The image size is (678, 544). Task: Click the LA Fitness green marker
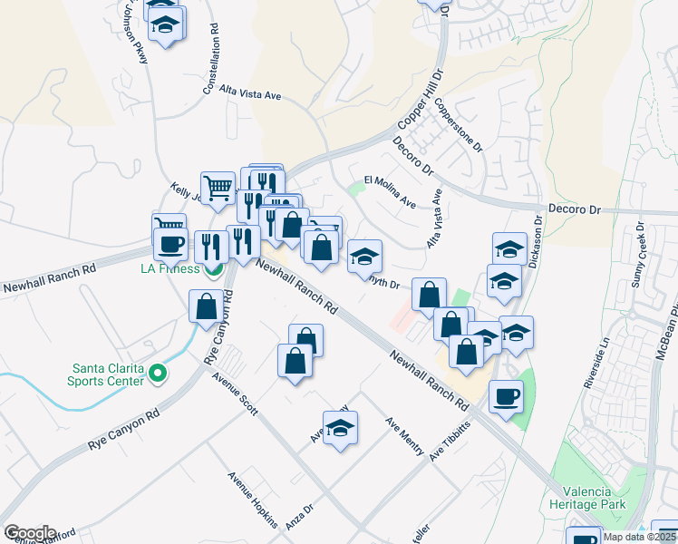(x=215, y=269)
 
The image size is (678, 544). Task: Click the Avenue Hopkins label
(x=253, y=498)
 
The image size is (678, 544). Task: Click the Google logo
(x=29, y=533)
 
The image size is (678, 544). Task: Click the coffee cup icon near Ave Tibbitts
(x=505, y=395)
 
